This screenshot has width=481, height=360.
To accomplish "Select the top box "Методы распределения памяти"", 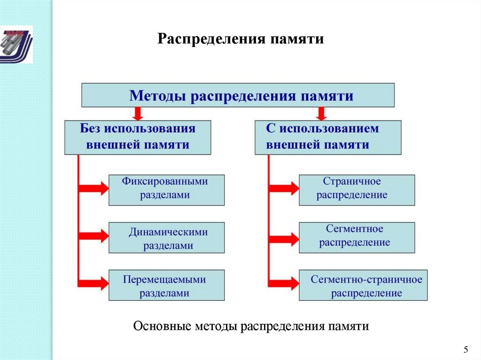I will point(238,95).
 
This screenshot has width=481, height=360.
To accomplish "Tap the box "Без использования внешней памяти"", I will point(138,137).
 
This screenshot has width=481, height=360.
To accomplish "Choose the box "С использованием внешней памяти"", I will point(328,137).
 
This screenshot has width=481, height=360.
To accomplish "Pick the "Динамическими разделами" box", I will point(166,238).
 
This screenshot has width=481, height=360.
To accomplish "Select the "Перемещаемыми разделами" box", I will point(166,285).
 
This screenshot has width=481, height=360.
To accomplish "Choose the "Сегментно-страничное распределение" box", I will point(363,285).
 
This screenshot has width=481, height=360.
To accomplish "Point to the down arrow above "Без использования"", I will point(137,113).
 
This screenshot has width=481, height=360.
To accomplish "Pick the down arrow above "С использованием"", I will point(322,113).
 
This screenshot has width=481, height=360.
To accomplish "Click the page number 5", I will point(465,349).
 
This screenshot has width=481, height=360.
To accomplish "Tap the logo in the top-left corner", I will point(16,44).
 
